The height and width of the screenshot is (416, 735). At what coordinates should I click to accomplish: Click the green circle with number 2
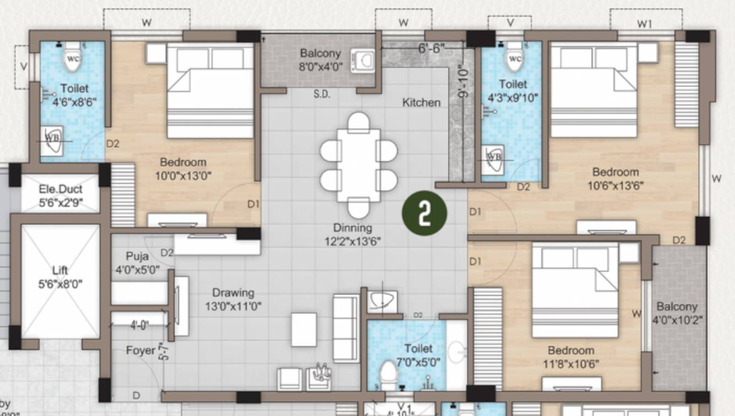coord(424,214)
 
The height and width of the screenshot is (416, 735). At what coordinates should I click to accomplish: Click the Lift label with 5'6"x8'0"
coord(60,277)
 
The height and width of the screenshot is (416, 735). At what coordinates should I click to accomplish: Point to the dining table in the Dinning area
coord(359,165)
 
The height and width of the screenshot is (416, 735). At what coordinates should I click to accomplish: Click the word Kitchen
coord(421,102)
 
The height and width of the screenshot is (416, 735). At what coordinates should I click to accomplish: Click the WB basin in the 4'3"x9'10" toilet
coord(494,157)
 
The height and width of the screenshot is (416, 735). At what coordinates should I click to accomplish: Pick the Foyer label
coord(140,350)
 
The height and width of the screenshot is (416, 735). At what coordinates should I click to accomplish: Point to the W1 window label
coord(644,24)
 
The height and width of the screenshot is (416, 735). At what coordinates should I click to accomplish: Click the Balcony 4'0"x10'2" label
coord(677,312)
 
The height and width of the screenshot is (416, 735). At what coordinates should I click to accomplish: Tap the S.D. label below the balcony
coord(321,94)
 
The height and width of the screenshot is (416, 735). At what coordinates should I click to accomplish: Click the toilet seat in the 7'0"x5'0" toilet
coord(388,375)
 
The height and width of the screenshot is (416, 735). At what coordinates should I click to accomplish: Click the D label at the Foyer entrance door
coord(135,395)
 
